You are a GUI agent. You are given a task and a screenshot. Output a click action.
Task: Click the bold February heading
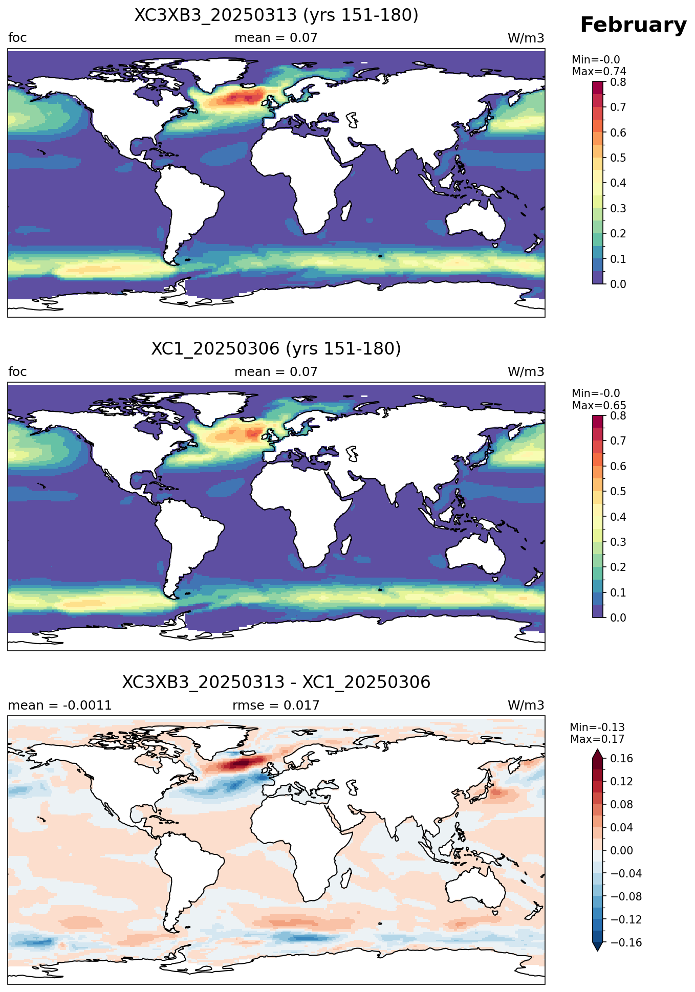(x=633, y=25)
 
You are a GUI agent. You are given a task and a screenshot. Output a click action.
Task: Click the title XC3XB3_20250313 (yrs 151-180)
(x=276, y=15)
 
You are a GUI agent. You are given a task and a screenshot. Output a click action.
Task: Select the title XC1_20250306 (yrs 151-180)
(x=276, y=349)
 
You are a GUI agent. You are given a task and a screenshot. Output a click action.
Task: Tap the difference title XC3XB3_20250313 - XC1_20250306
(x=276, y=682)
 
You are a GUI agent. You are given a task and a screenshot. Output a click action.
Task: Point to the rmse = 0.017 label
(x=276, y=706)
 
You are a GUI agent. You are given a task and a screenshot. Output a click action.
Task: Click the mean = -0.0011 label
(x=60, y=706)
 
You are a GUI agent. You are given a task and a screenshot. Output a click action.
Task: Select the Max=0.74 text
(x=599, y=72)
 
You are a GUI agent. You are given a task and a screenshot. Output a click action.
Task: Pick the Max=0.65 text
(x=599, y=406)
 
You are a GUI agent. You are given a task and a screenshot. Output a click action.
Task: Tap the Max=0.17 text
(x=597, y=739)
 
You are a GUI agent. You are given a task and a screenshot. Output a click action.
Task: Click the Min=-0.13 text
(x=597, y=728)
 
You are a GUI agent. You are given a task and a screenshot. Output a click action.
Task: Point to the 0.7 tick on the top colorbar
(x=618, y=107)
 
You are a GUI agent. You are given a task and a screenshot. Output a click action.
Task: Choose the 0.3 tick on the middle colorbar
(x=618, y=542)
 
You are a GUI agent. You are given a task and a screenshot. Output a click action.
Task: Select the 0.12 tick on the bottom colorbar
(x=621, y=781)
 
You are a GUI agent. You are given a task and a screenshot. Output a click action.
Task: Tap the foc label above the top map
(x=17, y=38)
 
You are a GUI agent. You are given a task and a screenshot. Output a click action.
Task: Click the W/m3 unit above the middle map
(x=526, y=372)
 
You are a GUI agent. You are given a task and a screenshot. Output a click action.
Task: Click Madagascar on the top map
(x=345, y=210)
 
